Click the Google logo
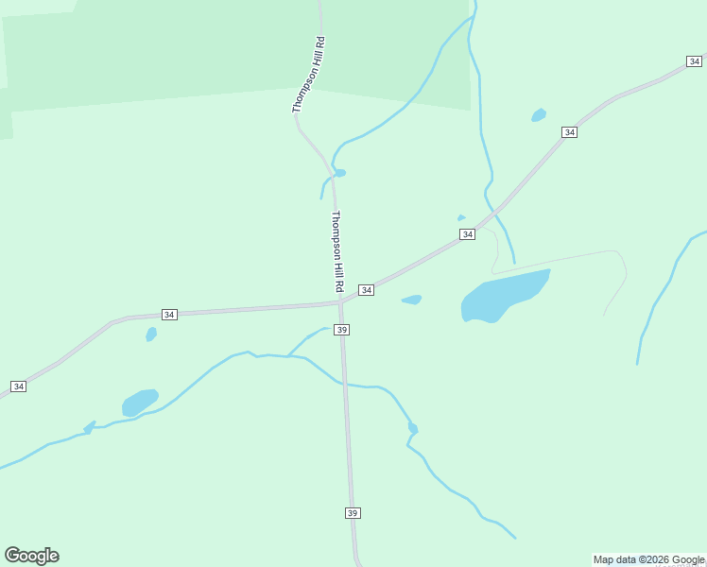[x=31, y=556]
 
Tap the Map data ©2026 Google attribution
[x=648, y=559]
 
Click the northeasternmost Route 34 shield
[x=694, y=61]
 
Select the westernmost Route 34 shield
[x=18, y=387]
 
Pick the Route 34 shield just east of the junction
[x=366, y=289]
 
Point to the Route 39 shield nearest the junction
[x=342, y=329]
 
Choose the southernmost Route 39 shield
[x=353, y=512]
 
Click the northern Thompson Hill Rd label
[x=308, y=76]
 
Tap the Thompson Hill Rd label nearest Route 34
[x=336, y=250]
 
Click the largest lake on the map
[x=504, y=296]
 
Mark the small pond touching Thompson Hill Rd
[x=339, y=173]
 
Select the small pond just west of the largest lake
[x=411, y=300]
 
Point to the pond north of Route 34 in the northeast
[x=539, y=115]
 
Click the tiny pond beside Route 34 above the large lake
[x=461, y=218]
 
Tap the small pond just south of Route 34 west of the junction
[x=151, y=334]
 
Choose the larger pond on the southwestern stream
[x=139, y=403]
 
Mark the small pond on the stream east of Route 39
[x=413, y=428]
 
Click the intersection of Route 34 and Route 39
[x=340, y=302]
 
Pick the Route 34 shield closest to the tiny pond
[x=467, y=234]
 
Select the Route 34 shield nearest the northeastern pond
[x=568, y=132]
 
